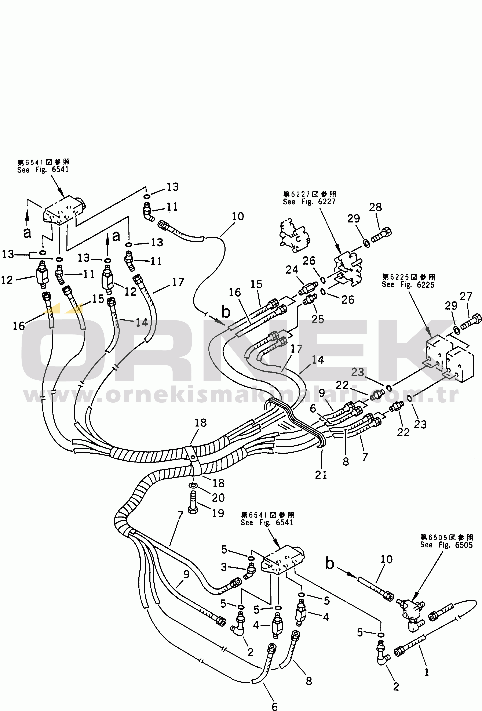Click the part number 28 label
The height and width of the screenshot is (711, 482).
(375, 207)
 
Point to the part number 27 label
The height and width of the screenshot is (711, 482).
(466, 297)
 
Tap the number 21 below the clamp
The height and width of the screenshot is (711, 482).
(321, 475)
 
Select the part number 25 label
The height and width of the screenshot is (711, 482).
(317, 319)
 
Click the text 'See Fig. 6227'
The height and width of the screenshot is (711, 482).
(309, 202)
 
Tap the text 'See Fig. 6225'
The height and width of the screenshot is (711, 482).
(408, 284)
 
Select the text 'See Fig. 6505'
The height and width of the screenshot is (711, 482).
(446, 545)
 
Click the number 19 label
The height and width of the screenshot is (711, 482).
(218, 513)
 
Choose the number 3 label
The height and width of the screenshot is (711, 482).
(224, 567)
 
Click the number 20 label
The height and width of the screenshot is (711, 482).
(218, 498)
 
